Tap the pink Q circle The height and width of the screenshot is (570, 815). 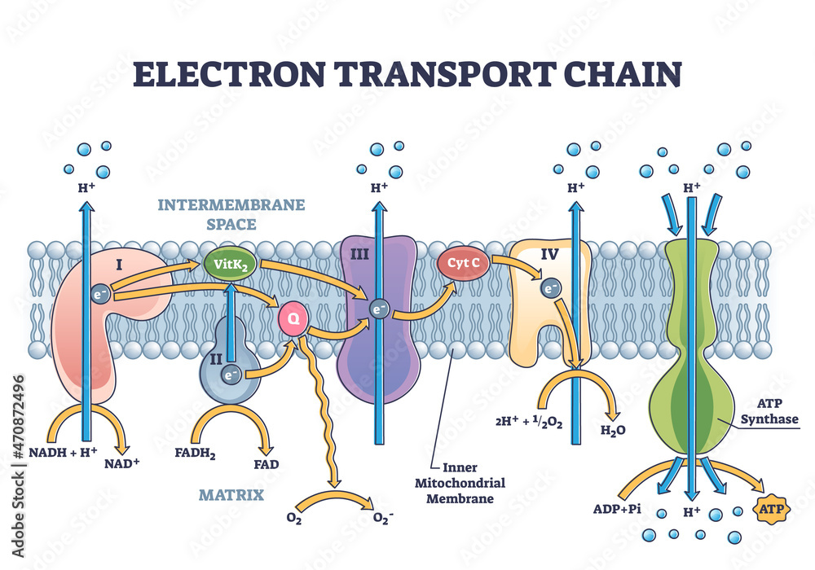293,318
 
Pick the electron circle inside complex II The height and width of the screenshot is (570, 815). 230,375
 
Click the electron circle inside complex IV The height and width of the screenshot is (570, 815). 552,289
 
